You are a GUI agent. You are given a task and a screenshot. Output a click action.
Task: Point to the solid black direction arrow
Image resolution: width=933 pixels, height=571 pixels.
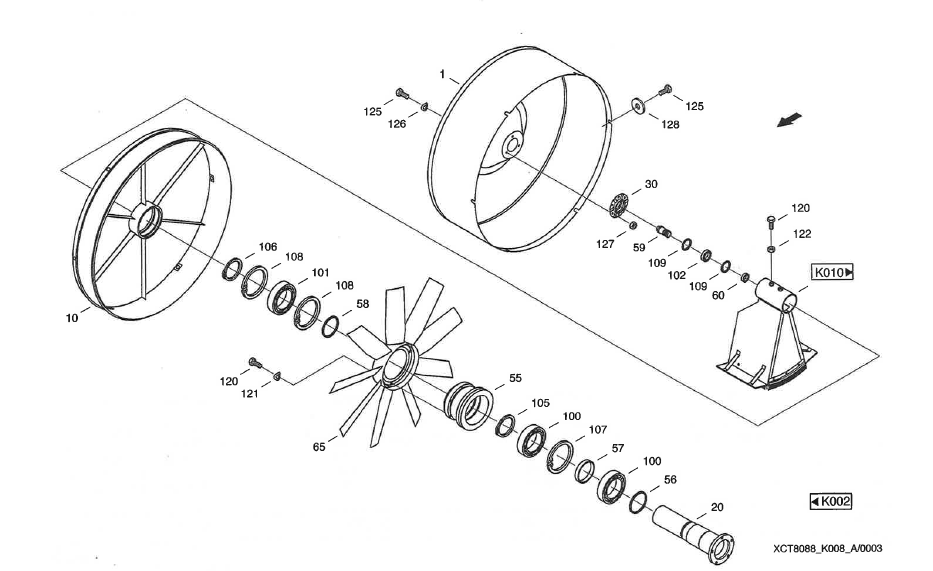coord(791,120)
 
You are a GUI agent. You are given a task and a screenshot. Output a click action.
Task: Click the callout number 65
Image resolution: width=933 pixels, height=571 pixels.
coord(318,448)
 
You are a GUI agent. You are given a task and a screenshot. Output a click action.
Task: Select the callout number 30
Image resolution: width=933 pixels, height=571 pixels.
coord(651,184)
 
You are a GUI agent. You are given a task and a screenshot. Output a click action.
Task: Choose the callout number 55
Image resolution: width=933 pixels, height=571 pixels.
coord(515,379)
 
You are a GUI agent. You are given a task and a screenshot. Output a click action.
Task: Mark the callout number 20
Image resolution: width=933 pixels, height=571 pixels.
coord(716,506)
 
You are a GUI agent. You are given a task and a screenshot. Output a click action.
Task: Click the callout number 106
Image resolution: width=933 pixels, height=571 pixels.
coord(267,246)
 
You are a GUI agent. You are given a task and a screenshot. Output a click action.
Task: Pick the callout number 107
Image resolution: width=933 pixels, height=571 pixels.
coord(598,430)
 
